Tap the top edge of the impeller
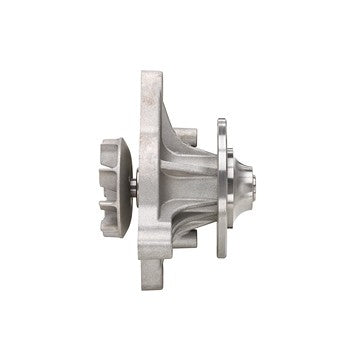pyautogui.click(x=111, y=141)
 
